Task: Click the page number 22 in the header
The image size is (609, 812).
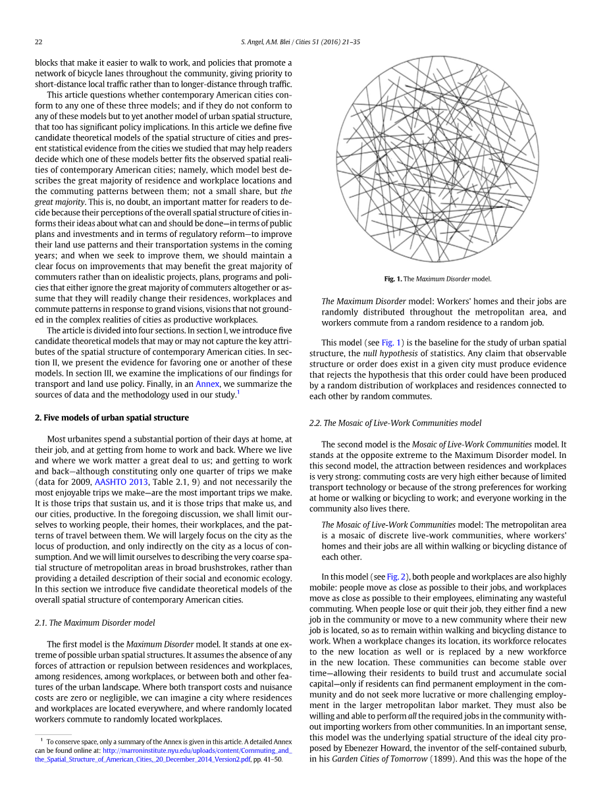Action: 39,42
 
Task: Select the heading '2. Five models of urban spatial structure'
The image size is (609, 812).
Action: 111,418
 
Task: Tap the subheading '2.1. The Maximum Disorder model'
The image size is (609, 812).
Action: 95,622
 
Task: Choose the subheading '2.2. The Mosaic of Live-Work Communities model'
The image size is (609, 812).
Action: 395,423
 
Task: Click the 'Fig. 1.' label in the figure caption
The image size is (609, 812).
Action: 393,279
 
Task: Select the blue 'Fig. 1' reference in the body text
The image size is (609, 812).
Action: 390,343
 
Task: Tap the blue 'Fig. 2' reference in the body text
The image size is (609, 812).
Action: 395,576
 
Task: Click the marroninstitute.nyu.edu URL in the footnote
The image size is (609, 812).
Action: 198,750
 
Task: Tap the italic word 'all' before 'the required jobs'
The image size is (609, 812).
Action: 412,716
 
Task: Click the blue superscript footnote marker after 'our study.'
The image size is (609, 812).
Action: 238,392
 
